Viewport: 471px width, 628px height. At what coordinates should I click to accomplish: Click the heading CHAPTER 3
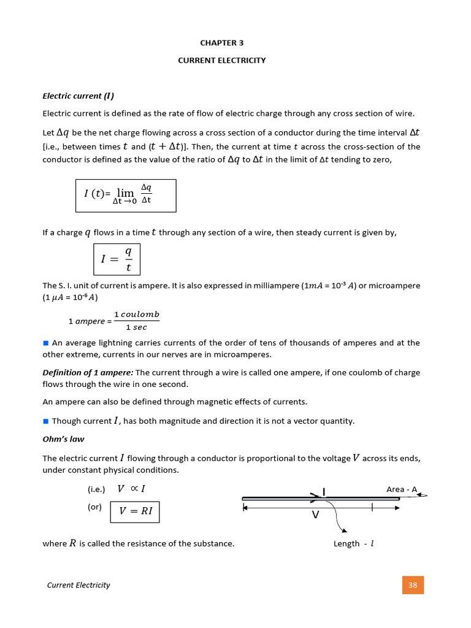coord(218,43)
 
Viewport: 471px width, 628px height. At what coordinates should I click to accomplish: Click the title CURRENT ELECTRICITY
coord(221,60)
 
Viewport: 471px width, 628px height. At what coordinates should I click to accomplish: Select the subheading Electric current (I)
coord(78,96)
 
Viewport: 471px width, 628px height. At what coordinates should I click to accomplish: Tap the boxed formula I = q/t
coord(117,259)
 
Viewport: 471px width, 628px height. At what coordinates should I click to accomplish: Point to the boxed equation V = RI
coord(135,511)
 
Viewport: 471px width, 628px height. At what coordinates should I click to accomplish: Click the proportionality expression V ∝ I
coord(131,489)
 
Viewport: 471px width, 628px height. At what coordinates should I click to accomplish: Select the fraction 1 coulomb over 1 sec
coord(136,321)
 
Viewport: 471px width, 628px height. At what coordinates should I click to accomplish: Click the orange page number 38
coord(413,585)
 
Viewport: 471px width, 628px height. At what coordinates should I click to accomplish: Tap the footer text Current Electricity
coord(78,585)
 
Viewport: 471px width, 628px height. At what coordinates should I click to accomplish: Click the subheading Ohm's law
coord(63,439)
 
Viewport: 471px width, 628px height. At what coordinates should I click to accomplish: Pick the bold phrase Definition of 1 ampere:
coord(88,373)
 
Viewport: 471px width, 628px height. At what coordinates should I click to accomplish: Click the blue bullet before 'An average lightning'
coord(45,343)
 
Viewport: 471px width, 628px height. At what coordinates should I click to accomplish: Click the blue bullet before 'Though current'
coord(45,421)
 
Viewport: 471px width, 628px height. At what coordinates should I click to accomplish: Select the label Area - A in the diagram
coord(401,489)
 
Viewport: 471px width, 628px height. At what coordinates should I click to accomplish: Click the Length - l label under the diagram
coord(353,544)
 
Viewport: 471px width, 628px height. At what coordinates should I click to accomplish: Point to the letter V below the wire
coord(315,516)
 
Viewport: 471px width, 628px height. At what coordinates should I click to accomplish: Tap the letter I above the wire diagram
coord(324,491)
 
